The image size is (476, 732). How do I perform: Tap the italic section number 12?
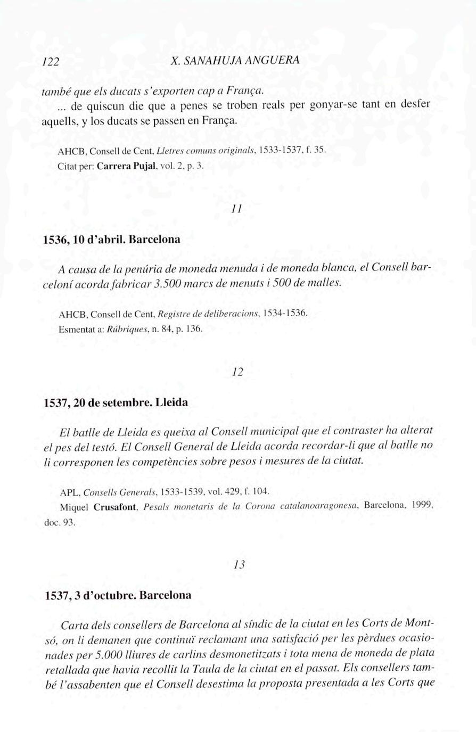tap(237, 372)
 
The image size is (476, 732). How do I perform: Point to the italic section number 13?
tap(239, 565)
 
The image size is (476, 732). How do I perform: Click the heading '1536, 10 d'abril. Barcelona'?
tap(111, 239)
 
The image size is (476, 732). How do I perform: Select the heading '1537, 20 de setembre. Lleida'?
tap(116, 402)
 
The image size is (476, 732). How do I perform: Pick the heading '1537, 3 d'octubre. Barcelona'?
tap(118, 595)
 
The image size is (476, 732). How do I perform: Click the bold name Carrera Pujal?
tap(128, 166)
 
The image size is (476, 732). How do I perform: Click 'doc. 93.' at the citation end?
tap(60, 523)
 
